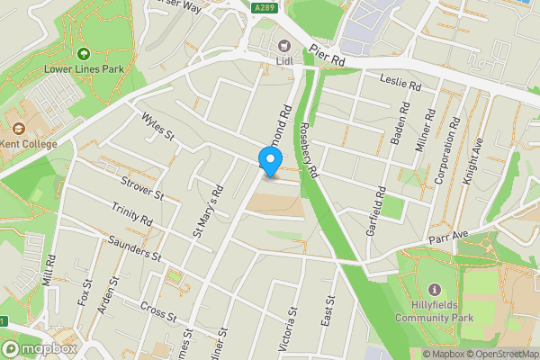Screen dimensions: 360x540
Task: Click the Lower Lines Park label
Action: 85,68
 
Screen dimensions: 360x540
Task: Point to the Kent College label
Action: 29,144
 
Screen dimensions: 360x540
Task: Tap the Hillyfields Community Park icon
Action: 436,290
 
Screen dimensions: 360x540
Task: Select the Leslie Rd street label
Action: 401,82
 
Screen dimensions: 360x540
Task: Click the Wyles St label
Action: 156,126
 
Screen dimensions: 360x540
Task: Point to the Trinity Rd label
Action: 132,214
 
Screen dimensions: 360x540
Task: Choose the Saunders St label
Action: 133,248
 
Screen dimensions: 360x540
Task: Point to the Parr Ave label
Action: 449,235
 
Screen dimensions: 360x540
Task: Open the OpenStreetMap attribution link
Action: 501,353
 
